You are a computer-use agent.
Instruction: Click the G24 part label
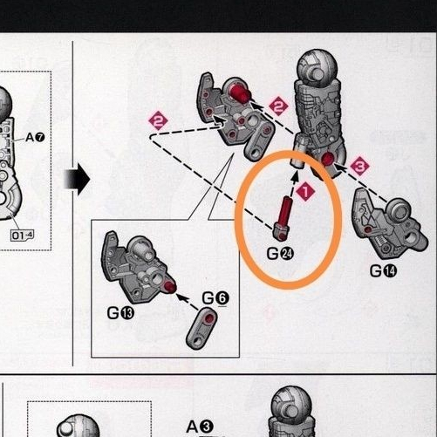click(x=280, y=254)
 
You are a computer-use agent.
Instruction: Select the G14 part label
click(x=383, y=271)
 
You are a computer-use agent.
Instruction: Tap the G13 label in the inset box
click(x=120, y=313)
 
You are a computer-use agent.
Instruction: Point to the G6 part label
click(x=215, y=298)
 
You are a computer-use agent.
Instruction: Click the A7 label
click(x=35, y=137)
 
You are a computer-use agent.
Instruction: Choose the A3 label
click(x=200, y=427)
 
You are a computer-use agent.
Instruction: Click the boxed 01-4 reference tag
click(x=22, y=236)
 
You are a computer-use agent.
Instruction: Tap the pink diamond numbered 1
click(x=305, y=192)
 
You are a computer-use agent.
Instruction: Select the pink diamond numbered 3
click(x=359, y=166)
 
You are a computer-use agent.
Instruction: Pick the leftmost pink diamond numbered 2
click(x=159, y=120)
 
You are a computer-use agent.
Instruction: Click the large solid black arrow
click(x=77, y=179)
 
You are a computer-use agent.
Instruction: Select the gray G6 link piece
click(x=201, y=328)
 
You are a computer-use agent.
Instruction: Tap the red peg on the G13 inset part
click(x=170, y=287)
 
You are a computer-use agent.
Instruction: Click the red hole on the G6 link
click(x=208, y=318)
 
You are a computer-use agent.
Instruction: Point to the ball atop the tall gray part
click(x=317, y=68)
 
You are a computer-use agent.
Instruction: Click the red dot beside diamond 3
click(x=328, y=159)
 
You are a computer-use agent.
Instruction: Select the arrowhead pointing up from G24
click(x=296, y=176)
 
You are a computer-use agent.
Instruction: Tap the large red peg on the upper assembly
click(x=240, y=92)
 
